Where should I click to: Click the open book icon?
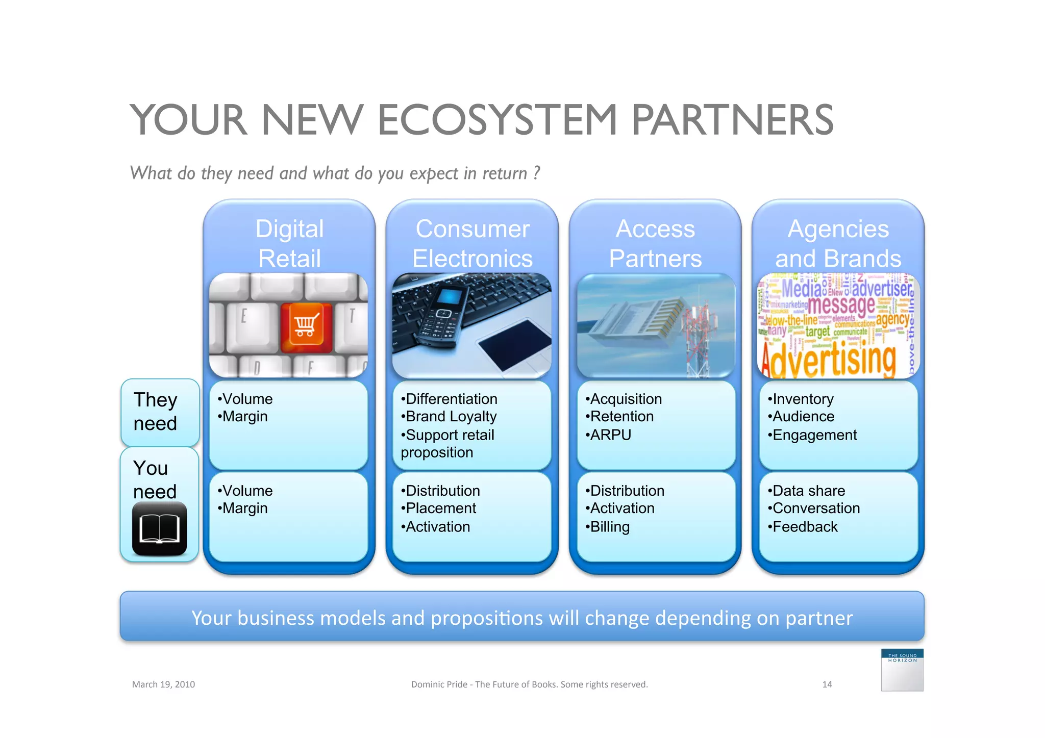point(159,529)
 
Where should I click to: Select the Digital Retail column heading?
point(289,243)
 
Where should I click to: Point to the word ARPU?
point(610,435)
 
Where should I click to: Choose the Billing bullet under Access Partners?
point(609,527)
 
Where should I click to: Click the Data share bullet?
point(808,491)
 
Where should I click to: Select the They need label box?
point(159,412)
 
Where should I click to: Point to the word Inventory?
point(803,399)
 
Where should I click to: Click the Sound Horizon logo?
point(902,670)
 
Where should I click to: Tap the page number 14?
point(827,684)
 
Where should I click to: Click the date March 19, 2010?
point(163,684)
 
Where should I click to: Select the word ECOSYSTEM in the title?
point(497,120)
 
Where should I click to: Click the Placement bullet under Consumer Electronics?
point(440,508)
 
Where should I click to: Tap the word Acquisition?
point(626,399)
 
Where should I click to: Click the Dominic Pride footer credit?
point(529,684)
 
